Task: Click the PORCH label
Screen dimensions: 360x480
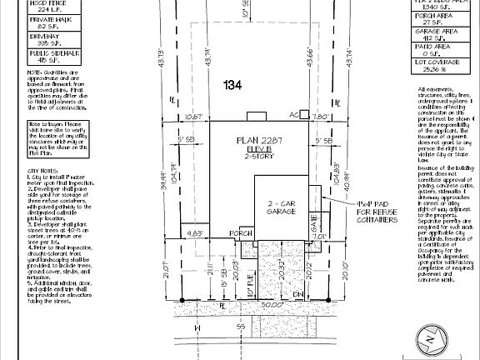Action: coord(242,233)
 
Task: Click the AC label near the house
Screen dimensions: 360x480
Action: coord(292,115)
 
